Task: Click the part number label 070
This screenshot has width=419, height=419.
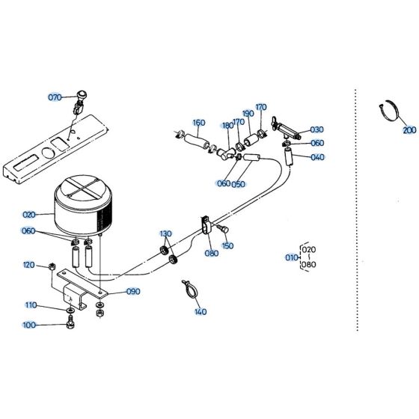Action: point(55,98)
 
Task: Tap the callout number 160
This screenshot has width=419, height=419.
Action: point(198,123)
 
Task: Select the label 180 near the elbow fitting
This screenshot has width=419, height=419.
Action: point(227,125)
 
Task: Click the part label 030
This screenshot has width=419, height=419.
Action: point(317,129)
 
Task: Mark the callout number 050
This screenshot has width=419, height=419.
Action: point(239,184)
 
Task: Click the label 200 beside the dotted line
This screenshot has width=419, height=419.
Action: point(409,130)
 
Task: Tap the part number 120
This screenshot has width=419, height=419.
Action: point(28,265)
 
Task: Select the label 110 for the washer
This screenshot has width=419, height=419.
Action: point(31,305)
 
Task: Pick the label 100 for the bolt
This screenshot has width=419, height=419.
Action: point(28,325)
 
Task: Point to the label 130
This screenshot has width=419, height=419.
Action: point(165,233)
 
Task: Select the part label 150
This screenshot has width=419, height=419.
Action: point(227,245)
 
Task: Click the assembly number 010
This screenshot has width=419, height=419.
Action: point(290,257)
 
